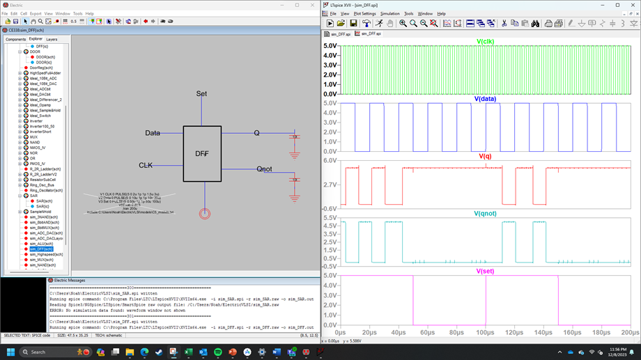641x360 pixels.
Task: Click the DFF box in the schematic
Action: click(x=202, y=153)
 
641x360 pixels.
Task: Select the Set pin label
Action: click(x=201, y=93)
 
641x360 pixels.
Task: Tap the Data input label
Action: click(x=153, y=133)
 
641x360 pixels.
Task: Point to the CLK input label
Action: click(x=146, y=166)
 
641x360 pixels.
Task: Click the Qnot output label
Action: click(x=265, y=169)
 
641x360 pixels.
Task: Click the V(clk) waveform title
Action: click(x=486, y=42)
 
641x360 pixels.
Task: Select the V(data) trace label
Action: click(x=485, y=99)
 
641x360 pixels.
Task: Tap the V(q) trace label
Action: click(x=485, y=156)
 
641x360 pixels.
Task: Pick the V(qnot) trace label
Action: click(x=485, y=213)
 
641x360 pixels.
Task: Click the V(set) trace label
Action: click(x=485, y=271)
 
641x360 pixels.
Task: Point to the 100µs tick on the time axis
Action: click(x=486, y=332)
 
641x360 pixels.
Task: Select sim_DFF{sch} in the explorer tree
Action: click(x=41, y=249)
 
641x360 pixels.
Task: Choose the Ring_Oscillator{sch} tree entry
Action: click(x=46, y=190)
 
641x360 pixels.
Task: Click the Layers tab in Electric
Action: click(x=52, y=39)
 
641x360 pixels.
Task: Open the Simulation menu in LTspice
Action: click(x=389, y=13)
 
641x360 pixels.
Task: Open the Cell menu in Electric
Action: click(x=24, y=13)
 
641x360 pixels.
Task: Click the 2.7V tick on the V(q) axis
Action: click(x=331, y=185)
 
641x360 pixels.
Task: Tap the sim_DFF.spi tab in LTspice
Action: click(x=371, y=33)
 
